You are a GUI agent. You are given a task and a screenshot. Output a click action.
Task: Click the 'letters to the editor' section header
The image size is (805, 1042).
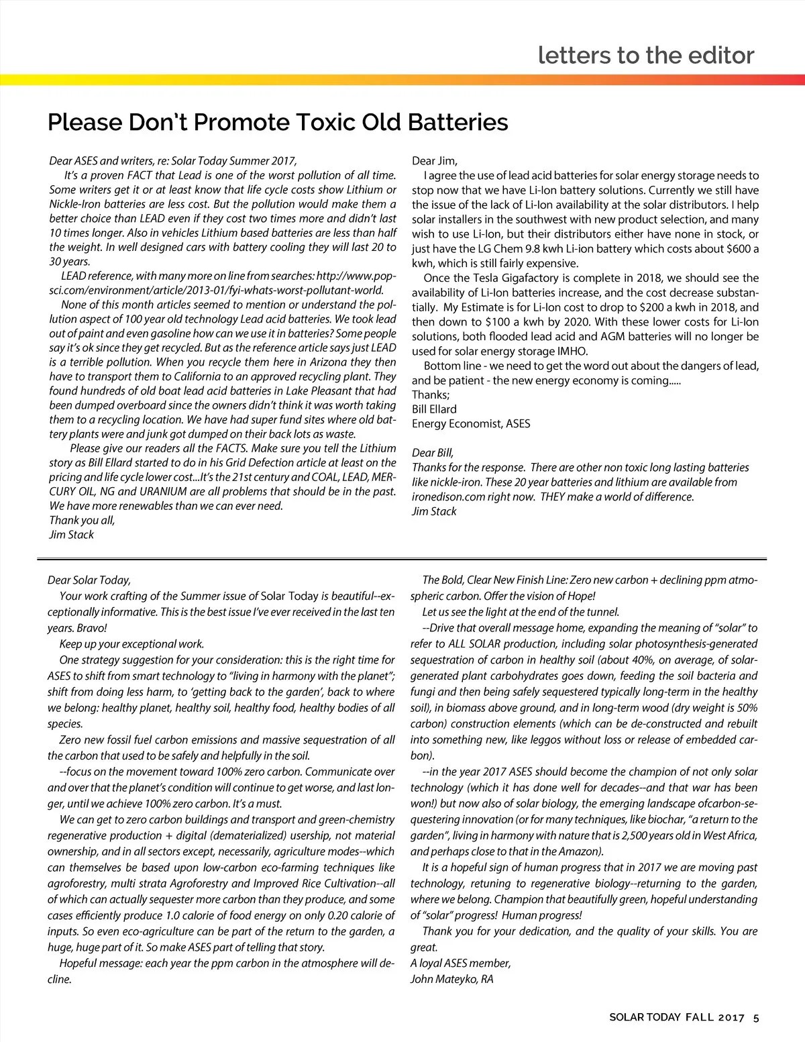(646, 55)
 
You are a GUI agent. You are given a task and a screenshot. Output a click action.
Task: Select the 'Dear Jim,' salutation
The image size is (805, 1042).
(435, 160)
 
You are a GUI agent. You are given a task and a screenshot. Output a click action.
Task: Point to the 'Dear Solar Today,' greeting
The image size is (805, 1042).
(89, 580)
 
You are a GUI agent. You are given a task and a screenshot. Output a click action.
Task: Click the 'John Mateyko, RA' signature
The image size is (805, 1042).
(451, 979)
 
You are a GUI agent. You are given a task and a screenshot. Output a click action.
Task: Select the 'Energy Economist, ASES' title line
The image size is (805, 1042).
(471, 423)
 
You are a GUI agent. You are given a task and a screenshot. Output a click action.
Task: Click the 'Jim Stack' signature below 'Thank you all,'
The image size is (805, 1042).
(71, 535)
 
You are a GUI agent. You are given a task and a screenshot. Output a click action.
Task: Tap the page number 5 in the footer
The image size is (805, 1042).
(756, 1017)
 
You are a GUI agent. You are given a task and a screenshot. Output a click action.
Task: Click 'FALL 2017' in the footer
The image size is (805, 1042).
(714, 1017)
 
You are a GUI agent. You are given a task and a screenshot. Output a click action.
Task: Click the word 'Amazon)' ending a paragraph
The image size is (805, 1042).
(580, 851)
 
